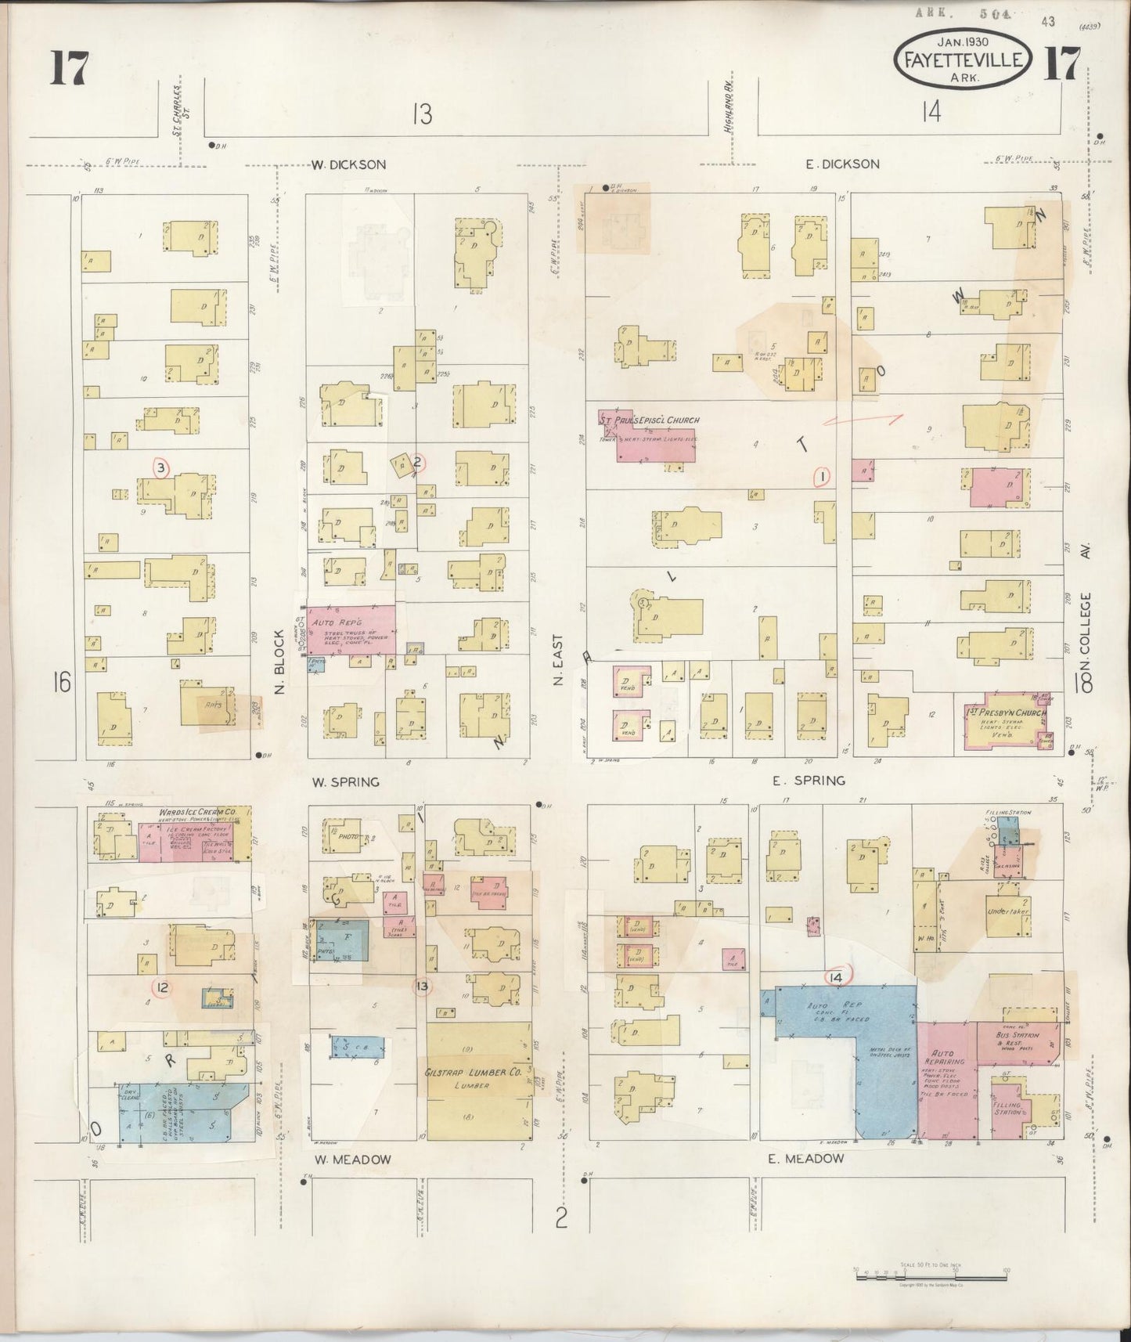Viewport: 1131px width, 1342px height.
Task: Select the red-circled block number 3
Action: point(161,468)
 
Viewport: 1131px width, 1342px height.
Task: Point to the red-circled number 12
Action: point(162,988)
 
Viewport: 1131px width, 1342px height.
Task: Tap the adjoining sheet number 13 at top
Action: point(422,114)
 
